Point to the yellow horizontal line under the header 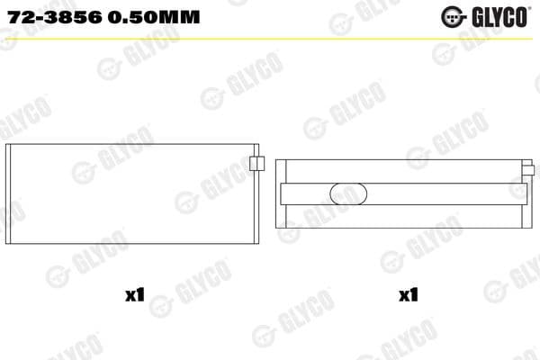tap(270, 38)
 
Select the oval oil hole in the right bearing tap(348, 194)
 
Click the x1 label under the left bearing tap(135, 294)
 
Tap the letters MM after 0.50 tap(179, 17)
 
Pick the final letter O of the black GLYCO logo tap(526, 17)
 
